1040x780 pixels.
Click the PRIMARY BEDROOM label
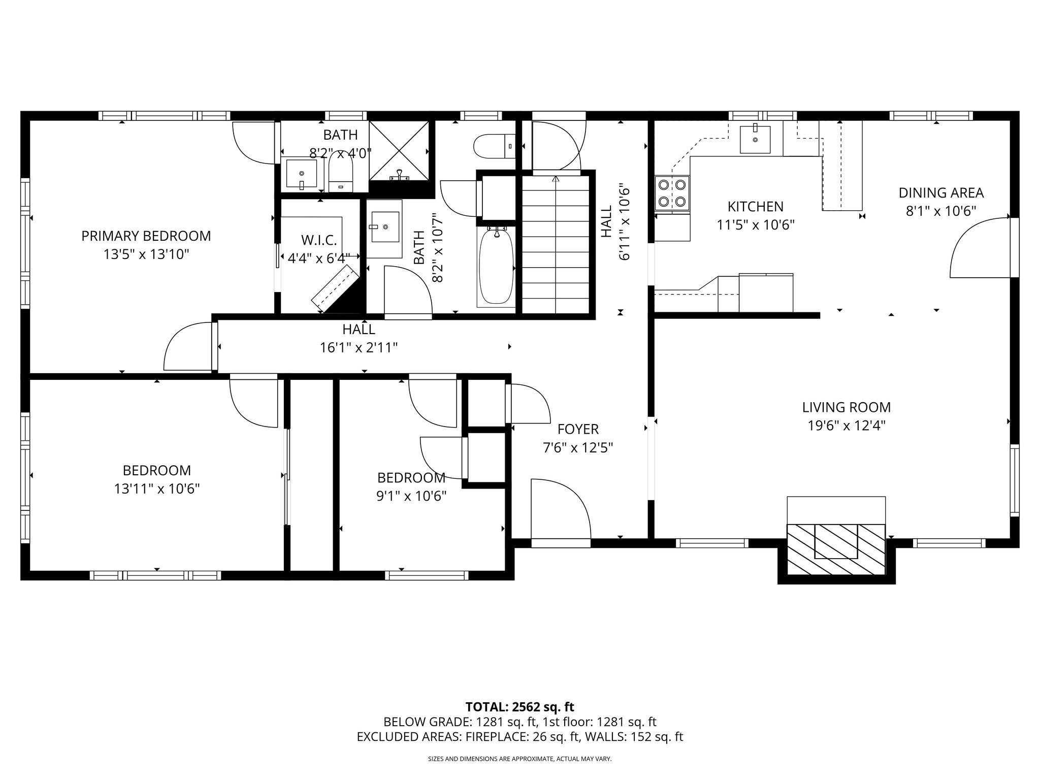(146, 236)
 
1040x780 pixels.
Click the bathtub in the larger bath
(496, 267)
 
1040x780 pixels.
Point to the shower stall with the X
(399, 150)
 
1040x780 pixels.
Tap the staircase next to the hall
(556, 244)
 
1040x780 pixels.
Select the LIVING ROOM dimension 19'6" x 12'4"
(847, 426)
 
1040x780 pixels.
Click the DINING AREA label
(941, 193)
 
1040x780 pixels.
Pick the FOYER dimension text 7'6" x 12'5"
(578, 448)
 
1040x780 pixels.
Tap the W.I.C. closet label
(319, 240)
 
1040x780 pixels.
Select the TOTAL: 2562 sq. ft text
(519, 707)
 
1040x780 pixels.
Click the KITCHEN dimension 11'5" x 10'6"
(755, 225)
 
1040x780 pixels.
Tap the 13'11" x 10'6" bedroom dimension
(156, 489)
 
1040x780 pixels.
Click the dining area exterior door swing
(979, 249)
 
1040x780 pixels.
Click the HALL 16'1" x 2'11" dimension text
(359, 348)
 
